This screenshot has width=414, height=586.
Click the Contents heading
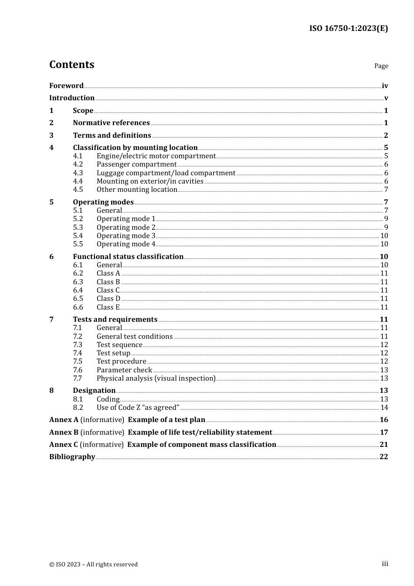pos(71,65)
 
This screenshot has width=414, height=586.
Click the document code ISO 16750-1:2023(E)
pos(348,28)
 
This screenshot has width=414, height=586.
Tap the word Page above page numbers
pos(381,66)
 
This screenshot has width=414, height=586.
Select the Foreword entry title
pos(66,85)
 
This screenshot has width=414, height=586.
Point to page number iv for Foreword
pos(385,86)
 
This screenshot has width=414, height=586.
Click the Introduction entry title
pos(72,98)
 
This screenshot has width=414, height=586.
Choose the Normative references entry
pos(111,123)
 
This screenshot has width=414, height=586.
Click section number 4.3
pos(78,173)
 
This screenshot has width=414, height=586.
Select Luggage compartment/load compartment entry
pos(166,173)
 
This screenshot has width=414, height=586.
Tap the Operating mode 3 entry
pos(126,235)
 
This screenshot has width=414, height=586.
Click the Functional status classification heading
pos(128,256)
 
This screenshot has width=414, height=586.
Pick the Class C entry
pos(108,290)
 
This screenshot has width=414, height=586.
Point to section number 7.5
pos(78,361)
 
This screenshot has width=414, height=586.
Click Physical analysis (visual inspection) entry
pos(156,378)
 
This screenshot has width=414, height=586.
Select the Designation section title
pos(94,390)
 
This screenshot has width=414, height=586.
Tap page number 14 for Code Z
pos(384,407)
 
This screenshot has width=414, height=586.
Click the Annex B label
pos(64,432)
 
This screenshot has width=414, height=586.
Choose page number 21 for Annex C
pos(383,444)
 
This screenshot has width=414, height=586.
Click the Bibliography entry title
pos(72,457)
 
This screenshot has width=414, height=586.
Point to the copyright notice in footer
pos(93,564)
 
